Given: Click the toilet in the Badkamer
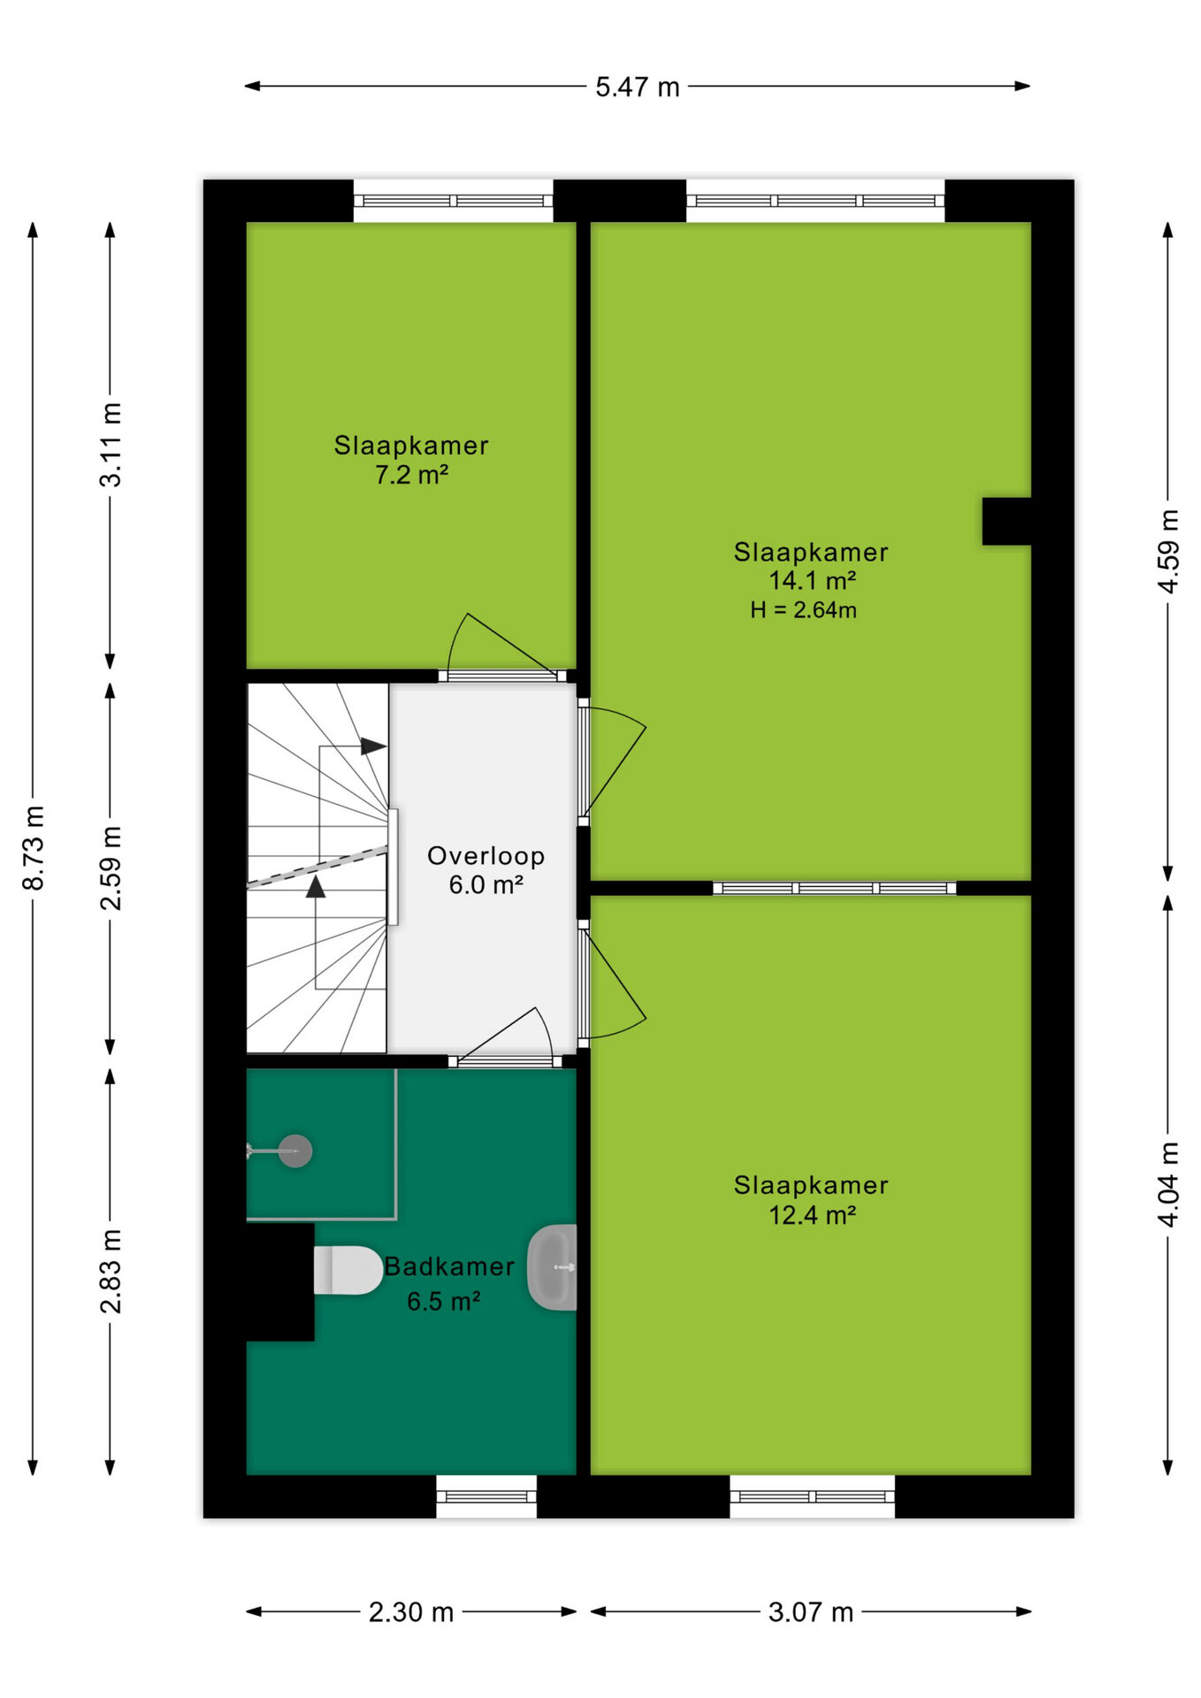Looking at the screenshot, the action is pos(348,1270).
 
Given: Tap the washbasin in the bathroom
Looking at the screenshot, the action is pos(553,1267).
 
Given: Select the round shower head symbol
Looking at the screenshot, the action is pos(295,1151).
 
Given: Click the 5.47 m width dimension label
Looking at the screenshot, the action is pos(637,87).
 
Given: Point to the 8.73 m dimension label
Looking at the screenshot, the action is pos(33,847).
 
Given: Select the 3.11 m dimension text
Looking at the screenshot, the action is pos(111,444).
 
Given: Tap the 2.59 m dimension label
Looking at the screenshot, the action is pos(111,868).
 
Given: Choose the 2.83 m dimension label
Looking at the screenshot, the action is pos(111,1271).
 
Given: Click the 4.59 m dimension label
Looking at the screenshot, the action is pos(1168,551).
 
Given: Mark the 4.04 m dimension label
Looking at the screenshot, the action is pos(1168,1184).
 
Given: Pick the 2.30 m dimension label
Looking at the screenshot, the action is pos(411,1612).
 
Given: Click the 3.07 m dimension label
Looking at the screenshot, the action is pos(811,1612).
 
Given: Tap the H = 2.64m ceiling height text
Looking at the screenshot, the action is pos(803,610).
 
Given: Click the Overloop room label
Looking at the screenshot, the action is pos(486,856).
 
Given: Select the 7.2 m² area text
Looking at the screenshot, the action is pos(411,475).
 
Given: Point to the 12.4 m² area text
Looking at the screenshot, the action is pos(812,1215).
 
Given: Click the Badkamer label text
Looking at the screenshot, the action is pos(449,1266).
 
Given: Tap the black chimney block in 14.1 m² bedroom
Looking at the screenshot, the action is pos(1007,522).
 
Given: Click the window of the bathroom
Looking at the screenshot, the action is pos(486,1496).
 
